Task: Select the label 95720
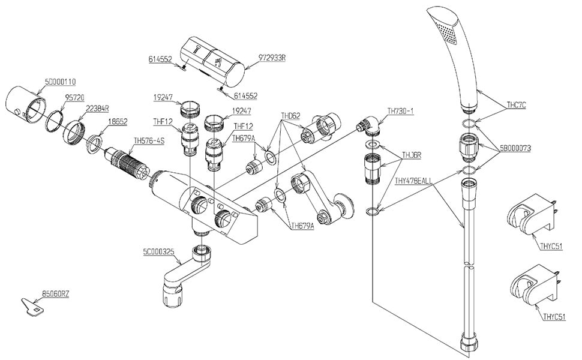pos(74,97)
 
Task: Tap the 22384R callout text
pos(98,109)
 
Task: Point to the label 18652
pos(117,121)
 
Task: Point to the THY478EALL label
pos(413,181)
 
